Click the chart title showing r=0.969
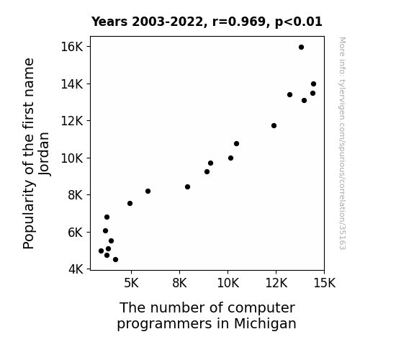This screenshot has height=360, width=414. (207, 22)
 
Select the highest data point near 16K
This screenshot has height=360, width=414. (301, 48)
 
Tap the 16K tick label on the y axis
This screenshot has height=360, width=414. (72, 47)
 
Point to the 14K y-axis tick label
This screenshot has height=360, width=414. (72, 84)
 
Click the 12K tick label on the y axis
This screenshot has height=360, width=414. (72, 121)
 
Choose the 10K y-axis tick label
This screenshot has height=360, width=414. (72, 158)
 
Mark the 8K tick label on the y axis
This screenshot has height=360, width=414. (76, 195)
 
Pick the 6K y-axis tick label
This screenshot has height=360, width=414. (76, 233)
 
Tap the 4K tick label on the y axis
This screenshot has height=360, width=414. (76, 269)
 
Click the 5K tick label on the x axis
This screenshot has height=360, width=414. (131, 283)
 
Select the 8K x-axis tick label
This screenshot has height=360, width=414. (179, 283)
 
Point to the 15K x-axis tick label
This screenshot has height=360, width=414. (324, 283)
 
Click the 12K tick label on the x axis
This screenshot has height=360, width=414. (276, 283)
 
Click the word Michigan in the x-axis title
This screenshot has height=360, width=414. (265, 324)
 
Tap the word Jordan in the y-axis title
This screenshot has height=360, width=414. (44, 153)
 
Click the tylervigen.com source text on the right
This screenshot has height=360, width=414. (342, 143)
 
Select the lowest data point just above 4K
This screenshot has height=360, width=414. (115, 260)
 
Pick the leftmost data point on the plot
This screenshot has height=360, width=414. (101, 251)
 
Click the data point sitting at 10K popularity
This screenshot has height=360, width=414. (231, 158)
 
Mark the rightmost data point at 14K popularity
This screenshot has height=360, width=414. (313, 84)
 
